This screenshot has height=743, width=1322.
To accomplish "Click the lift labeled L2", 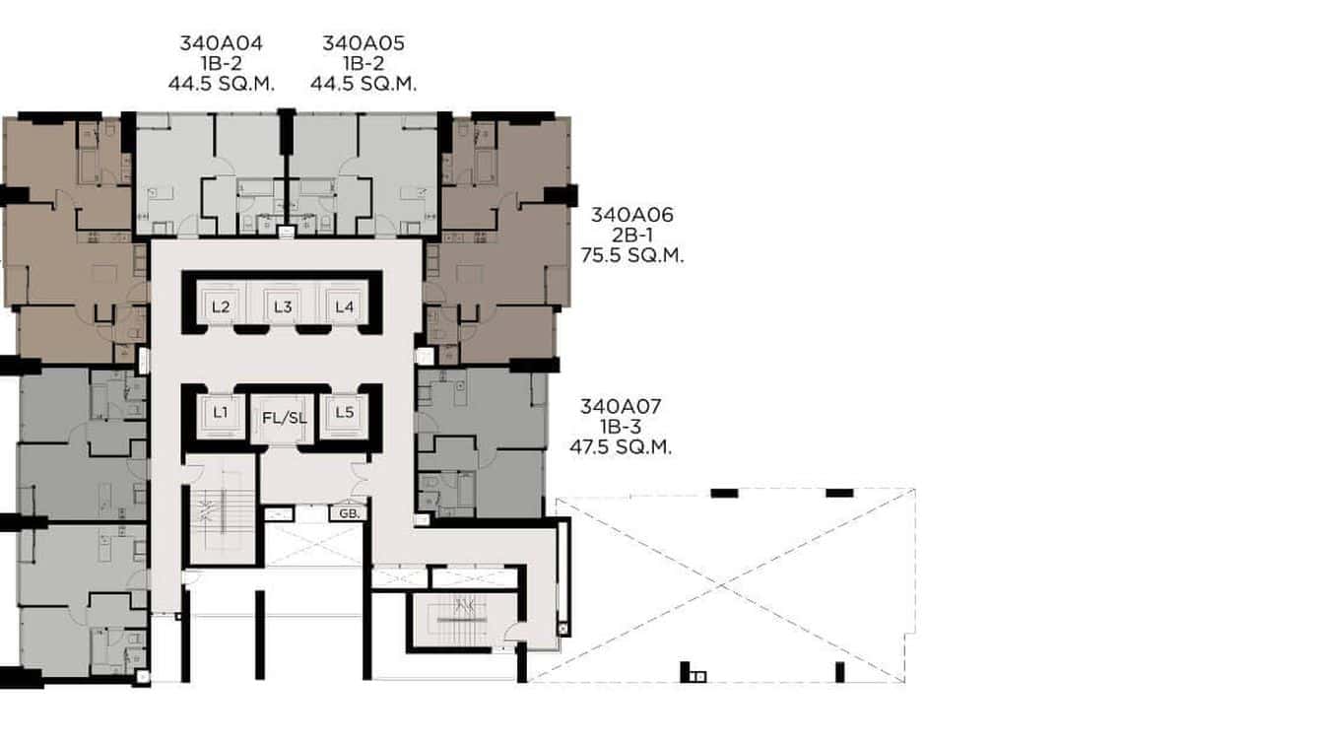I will pyautogui.click(x=221, y=306).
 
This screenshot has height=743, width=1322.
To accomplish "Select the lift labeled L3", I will pyautogui.click(x=283, y=306).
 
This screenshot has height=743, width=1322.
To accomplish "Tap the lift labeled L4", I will pyautogui.click(x=344, y=306).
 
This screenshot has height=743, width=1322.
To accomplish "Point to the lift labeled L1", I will pyautogui.click(x=221, y=413).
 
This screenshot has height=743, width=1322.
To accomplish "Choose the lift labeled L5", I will pyautogui.click(x=344, y=413).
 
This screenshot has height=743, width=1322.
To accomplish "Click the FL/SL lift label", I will pyautogui.click(x=284, y=418).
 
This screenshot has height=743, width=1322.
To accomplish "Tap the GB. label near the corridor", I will pyautogui.click(x=348, y=513).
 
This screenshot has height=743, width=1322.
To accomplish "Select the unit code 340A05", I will pyautogui.click(x=364, y=43).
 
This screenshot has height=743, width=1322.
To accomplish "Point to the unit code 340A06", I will pyautogui.click(x=631, y=215).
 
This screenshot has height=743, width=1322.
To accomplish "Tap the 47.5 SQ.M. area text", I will pyautogui.click(x=621, y=446).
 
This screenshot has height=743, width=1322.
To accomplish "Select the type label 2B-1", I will pyautogui.click(x=631, y=236).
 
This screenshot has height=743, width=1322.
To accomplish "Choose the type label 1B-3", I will pyautogui.click(x=621, y=427).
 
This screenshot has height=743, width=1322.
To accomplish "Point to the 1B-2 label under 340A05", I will pyautogui.click(x=364, y=64).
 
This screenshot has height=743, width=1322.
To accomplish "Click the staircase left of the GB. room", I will pyautogui.click(x=222, y=512).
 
